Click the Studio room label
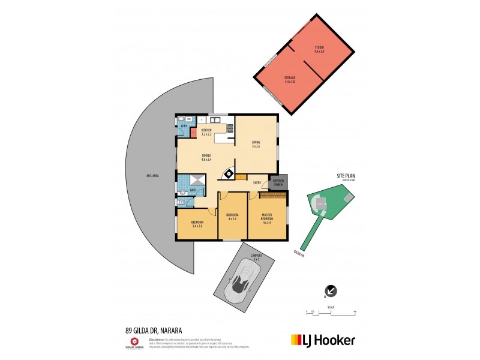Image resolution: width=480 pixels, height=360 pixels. click(x=319, y=49)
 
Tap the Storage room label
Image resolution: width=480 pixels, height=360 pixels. click(x=289, y=79)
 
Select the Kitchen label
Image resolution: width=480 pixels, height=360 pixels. click(x=206, y=132)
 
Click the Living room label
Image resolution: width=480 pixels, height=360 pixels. click(x=256, y=144)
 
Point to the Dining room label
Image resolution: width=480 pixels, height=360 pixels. click(x=206, y=158)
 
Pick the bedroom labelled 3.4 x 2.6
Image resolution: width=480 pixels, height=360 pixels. click(x=197, y=224)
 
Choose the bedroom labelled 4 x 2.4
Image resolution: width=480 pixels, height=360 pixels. click(x=232, y=217)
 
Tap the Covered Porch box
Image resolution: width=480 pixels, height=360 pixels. click(x=278, y=182)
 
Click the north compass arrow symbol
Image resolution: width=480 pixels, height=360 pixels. click(x=331, y=291)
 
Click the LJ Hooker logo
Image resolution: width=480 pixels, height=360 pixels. click(x=323, y=340)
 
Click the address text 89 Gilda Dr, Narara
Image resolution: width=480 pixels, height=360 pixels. click(x=154, y=330)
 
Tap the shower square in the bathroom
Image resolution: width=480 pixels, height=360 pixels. click(x=197, y=181)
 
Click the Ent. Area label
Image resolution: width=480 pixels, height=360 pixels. click(x=152, y=176)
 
